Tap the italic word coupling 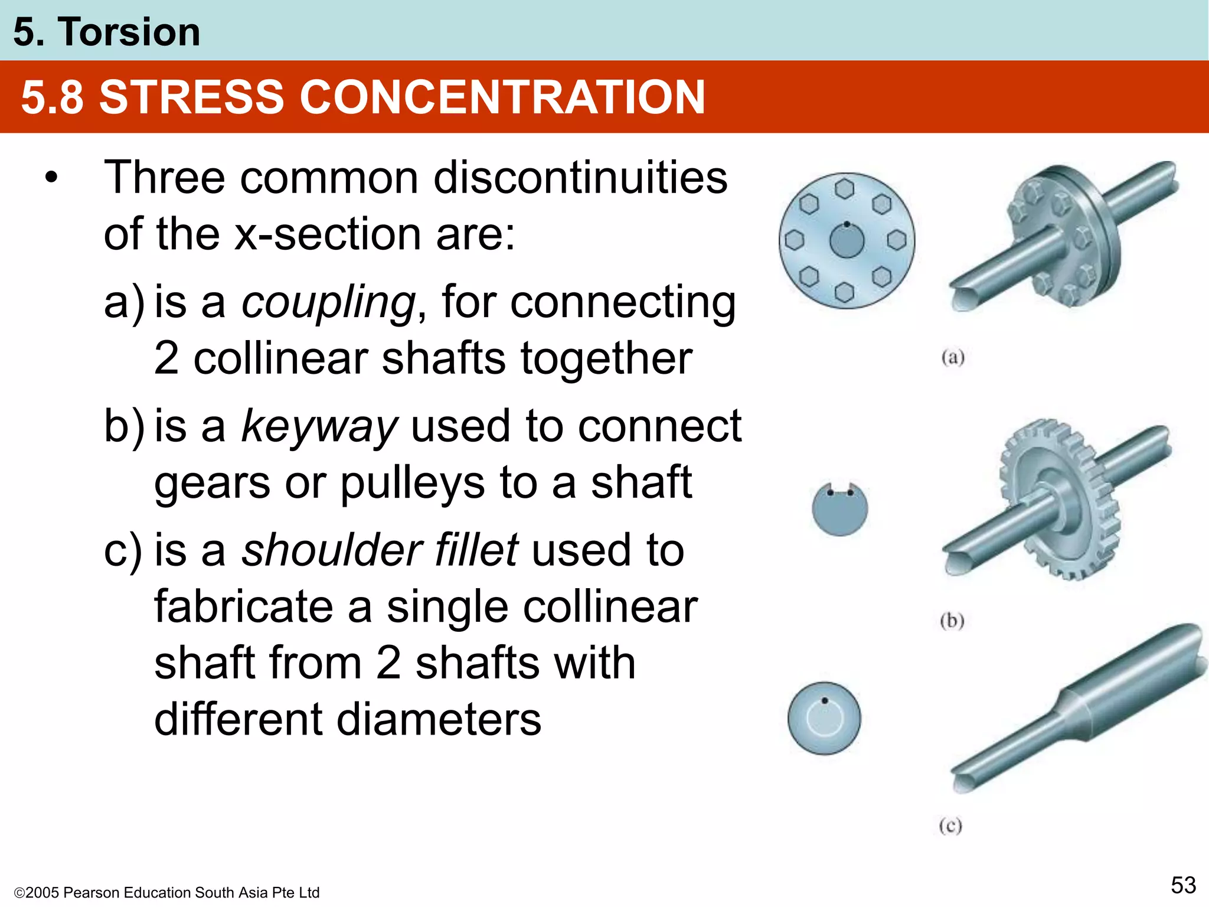328,302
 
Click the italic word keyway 319,426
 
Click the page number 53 1183,885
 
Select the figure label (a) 952,358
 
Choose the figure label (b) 952,621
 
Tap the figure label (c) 950,825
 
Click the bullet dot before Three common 52,178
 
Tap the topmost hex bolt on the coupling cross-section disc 845,189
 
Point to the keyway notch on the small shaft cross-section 840,490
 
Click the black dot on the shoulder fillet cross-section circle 825,701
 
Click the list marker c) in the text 123,550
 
